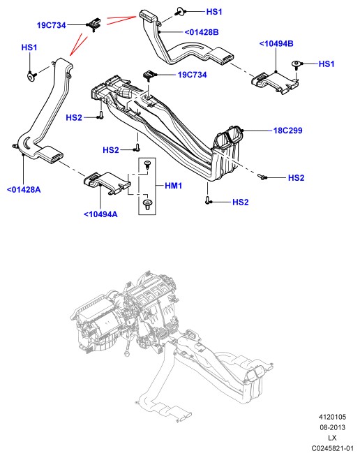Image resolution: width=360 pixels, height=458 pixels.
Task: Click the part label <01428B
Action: [202, 32]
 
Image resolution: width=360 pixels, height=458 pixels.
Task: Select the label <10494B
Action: [276, 44]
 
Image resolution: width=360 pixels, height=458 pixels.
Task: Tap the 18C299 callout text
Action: [287, 131]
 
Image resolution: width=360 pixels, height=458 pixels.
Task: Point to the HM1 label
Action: [174, 186]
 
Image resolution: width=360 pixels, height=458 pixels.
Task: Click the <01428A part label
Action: [24, 190]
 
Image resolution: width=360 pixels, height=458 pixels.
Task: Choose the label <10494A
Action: [100, 214]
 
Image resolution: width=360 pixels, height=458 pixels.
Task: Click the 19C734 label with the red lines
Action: [52, 25]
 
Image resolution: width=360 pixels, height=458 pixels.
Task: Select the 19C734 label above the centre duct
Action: [192, 75]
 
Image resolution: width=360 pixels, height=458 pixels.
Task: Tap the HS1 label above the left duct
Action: [29, 47]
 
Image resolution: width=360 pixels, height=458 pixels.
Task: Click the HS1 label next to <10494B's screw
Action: [327, 64]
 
